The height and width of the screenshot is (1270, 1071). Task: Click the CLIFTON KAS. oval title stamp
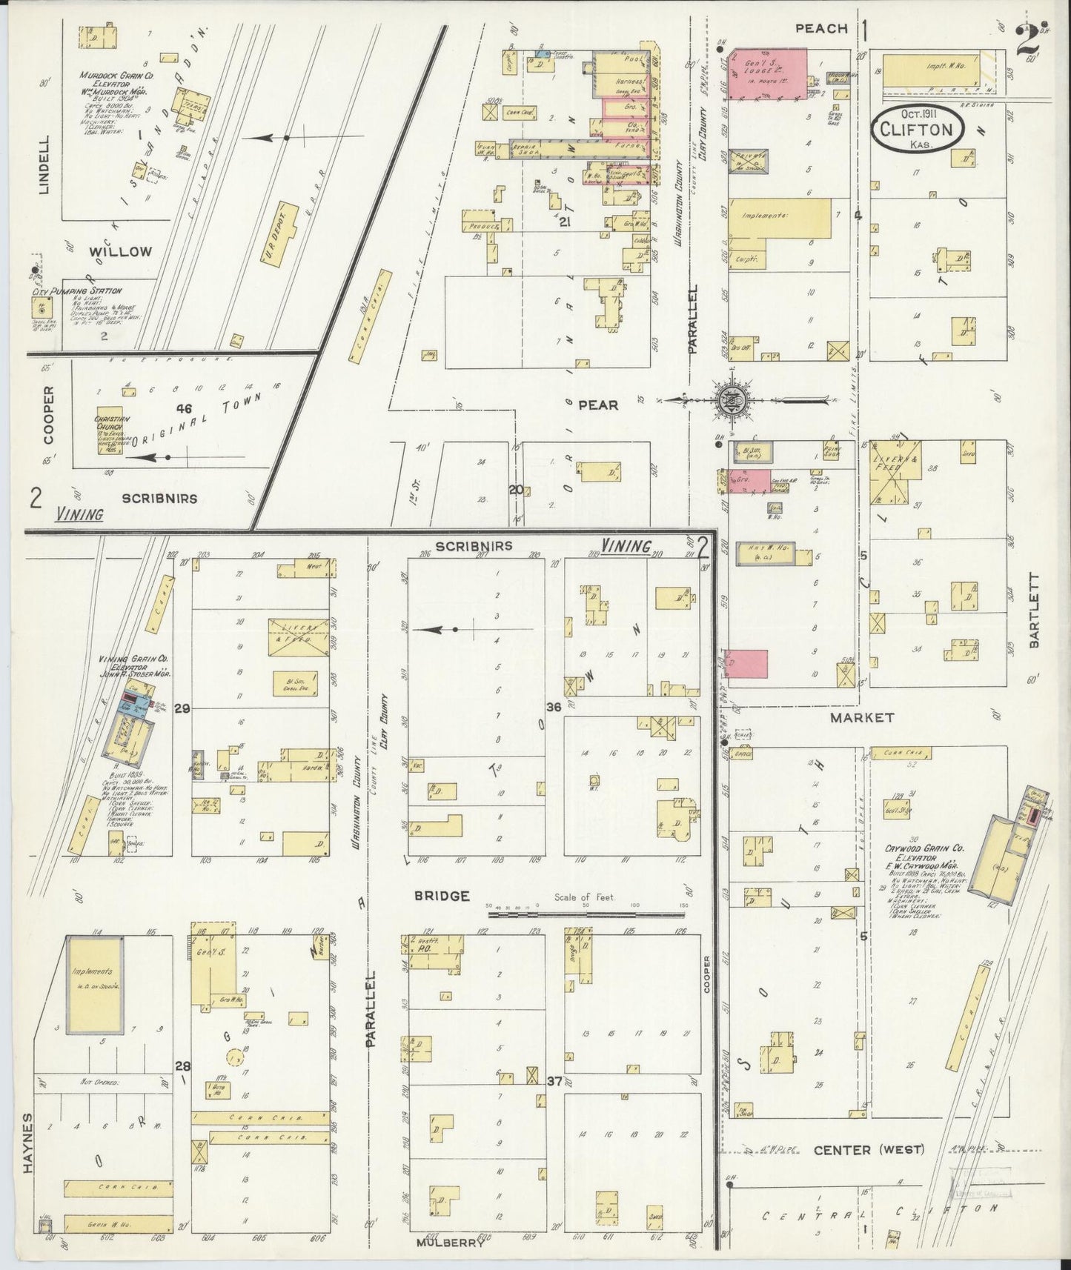(x=917, y=128)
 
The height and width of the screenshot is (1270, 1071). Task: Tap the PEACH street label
(x=820, y=28)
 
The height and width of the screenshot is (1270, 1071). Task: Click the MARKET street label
(x=861, y=717)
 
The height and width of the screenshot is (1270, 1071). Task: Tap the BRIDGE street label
(x=442, y=896)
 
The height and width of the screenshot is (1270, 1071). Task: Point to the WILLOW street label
(x=120, y=251)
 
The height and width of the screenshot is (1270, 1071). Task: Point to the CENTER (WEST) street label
(x=869, y=1150)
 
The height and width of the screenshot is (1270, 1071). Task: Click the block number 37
(x=554, y=1081)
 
